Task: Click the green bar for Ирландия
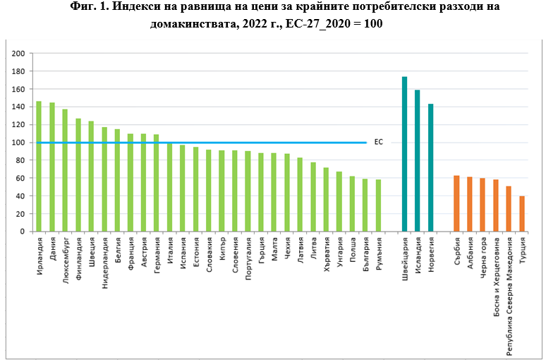tap(39, 167)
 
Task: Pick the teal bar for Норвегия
tap(430, 167)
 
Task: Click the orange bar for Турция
tap(522, 213)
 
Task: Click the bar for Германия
tap(156, 183)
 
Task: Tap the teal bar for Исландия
tap(417, 161)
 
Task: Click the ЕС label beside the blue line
tap(378, 142)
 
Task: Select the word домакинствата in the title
tap(193, 24)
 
